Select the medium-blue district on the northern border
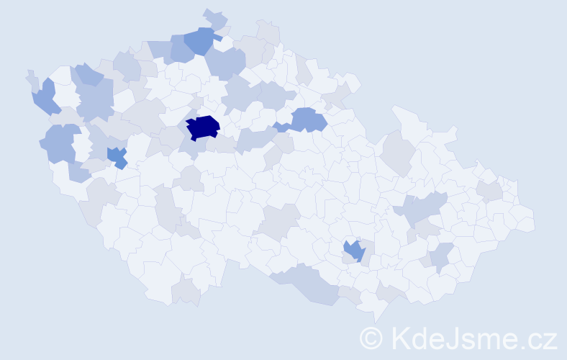[199, 40]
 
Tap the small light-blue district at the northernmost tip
[214, 17]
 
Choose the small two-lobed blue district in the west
[117, 156]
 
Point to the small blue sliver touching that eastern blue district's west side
[281, 127]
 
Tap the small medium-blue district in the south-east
[353, 250]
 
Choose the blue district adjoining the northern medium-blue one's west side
[180, 48]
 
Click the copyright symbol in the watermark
[371, 338]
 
